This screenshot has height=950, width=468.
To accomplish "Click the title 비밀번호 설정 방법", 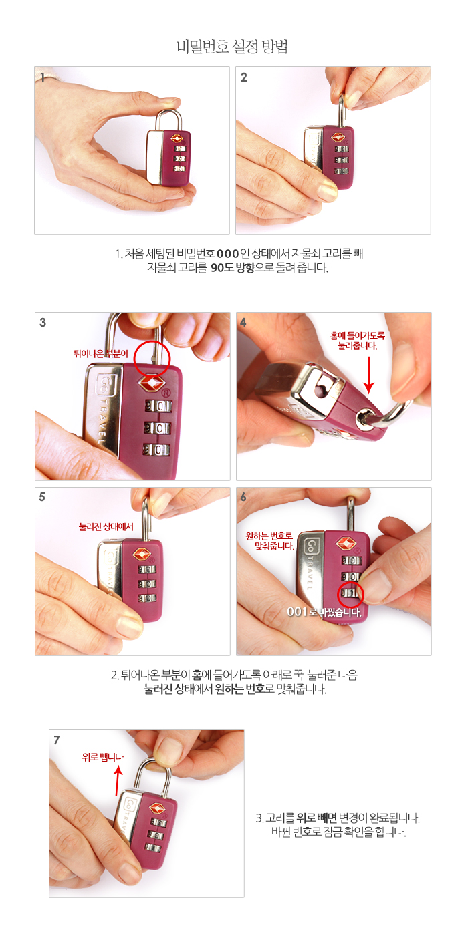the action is coord(233,46).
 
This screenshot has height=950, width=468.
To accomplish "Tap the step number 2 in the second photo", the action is coord(243,77).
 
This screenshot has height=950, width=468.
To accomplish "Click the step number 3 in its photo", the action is coord(43,322).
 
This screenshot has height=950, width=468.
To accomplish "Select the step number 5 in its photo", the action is coord(42,496).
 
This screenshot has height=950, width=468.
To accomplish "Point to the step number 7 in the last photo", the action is coord(57,740).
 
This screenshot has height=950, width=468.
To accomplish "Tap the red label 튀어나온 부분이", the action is coord(100,353).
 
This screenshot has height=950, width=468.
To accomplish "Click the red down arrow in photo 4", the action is coord(368,375).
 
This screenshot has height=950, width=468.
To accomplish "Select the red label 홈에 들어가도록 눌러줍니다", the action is coord(358,341).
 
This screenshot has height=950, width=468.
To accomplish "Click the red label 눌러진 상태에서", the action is coord(106,526).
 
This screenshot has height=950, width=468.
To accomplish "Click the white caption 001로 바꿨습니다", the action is coord(324,611).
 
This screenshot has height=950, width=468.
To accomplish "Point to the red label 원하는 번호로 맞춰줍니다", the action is coord(270,540).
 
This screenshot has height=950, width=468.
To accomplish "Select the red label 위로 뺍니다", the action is coord(103,757).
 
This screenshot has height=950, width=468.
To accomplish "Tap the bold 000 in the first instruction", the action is coord(228,254).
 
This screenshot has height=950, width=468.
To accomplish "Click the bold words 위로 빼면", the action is coord(316,818).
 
